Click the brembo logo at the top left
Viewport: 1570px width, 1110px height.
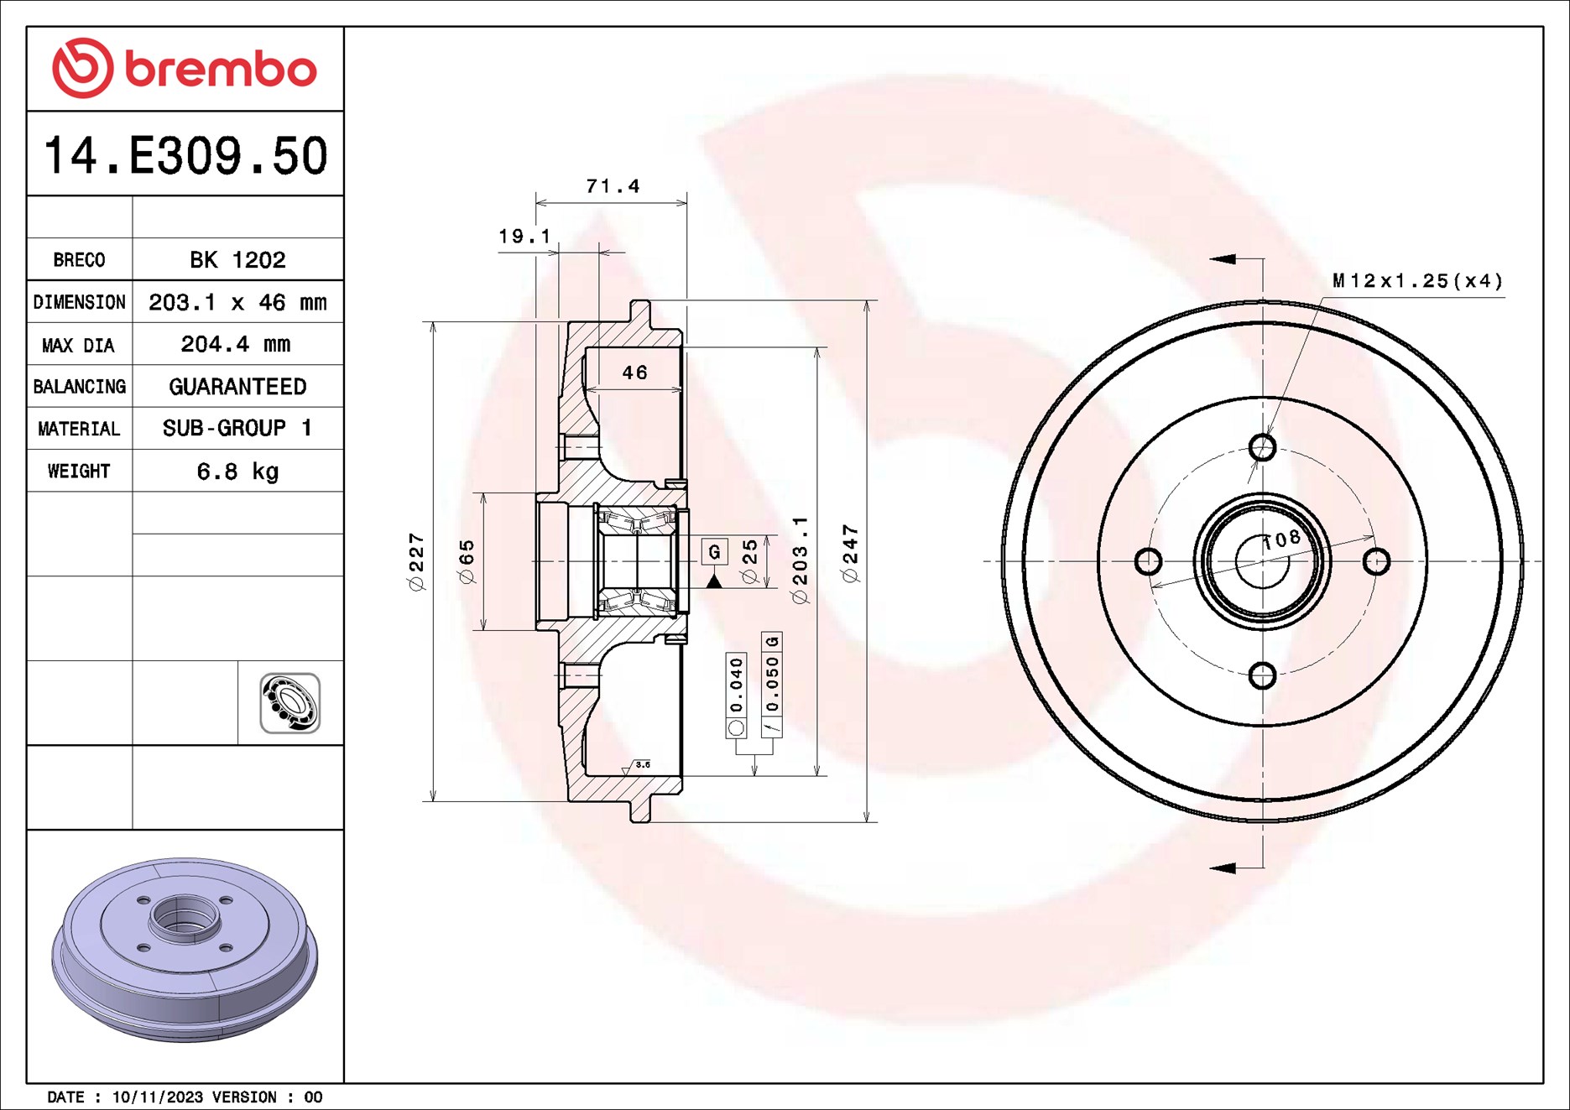point(185,69)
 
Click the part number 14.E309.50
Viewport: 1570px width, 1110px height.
point(185,156)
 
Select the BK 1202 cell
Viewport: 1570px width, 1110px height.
point(237,259)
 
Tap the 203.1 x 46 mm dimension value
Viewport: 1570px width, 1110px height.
point(237,302)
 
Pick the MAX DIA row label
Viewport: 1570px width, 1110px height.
point(79,345)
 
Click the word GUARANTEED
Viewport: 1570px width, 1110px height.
point(237,387)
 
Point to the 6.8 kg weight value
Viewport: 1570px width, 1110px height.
point(237,472)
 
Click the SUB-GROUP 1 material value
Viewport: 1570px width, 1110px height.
point(237,429)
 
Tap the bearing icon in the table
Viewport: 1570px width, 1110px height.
point(290,703)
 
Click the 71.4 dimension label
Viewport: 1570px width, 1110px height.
point(613,186)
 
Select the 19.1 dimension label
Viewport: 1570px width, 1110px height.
point(524,237)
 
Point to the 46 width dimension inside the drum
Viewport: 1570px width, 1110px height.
point(634,373)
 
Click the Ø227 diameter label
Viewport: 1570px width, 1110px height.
point(417,561)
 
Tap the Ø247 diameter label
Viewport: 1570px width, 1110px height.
point(851,553)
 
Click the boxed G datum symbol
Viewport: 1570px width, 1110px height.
point(714,551)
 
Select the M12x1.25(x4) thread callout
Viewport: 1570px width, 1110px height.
point(1417,281)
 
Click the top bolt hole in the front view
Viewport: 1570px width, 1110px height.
point(1262,447)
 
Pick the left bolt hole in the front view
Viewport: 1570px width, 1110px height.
point(1148,561)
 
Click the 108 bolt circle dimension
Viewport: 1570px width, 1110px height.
point(1281,539)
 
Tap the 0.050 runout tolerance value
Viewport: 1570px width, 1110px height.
point(772,683)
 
